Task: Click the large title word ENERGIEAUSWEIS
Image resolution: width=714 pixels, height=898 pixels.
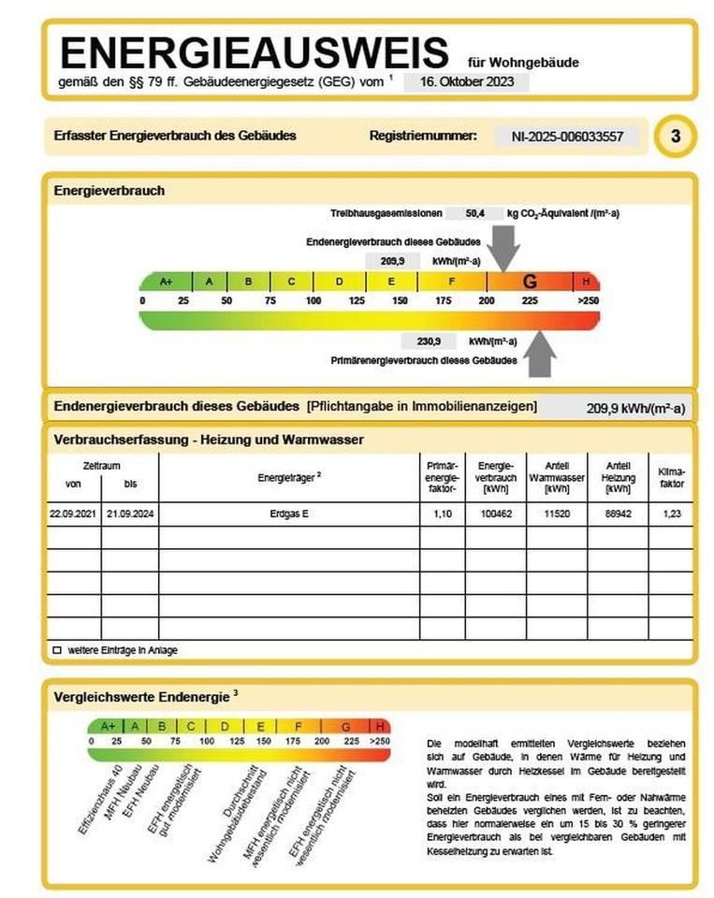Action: (253, 51)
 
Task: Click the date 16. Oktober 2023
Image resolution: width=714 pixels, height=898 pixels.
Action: (466, 81)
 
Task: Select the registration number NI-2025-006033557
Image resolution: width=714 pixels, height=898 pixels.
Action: (568, 137)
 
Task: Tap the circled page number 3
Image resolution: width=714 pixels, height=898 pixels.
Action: (676, 137)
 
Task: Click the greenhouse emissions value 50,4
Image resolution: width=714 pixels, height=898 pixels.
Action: (475, 214)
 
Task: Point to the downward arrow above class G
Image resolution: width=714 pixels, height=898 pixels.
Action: (505, 249)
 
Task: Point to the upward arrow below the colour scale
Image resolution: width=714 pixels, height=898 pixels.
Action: (540, 355)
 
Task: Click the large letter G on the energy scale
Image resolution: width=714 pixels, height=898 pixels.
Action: (530, 282)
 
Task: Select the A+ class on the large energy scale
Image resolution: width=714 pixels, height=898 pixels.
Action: (167, 282)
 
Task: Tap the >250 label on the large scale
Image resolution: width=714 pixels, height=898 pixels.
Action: (587, 300)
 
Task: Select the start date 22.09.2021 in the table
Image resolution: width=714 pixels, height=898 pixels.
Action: (73, 514)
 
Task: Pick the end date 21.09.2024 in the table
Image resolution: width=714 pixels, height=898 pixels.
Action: (130, 514)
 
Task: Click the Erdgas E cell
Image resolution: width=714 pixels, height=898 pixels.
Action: (289, 514)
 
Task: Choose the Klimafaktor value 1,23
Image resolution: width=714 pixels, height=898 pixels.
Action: (671, 514)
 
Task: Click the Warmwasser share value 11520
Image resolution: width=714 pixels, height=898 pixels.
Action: (556, 514)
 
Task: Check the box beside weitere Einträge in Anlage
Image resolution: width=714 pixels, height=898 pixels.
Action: (57, 649)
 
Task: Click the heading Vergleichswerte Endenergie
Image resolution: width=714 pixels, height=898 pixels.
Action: (142, 696)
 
